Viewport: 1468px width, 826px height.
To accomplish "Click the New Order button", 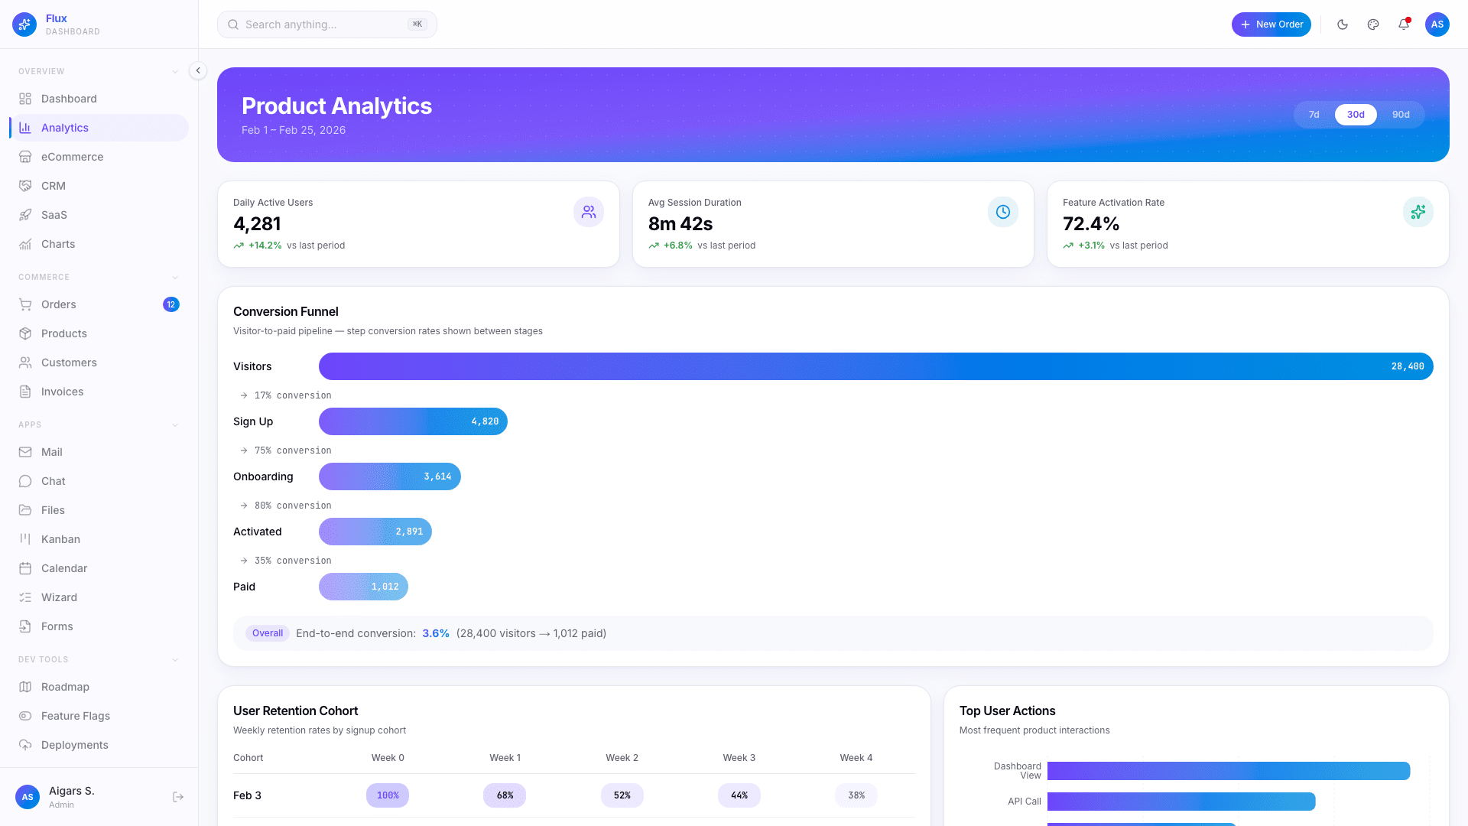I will pos(1271,24).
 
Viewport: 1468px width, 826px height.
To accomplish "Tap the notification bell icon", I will pos(1404,24).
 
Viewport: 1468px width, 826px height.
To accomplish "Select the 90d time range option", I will pos(1401,115).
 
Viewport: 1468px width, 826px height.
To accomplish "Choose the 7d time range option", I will pos(1314,115).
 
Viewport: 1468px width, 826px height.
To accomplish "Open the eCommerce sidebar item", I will pos(72,157).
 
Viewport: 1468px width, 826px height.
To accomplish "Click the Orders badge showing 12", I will pos(171,304).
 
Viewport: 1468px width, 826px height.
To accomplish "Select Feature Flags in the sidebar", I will pos(75,716).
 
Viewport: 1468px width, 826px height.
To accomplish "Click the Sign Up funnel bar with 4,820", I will pos(413,421).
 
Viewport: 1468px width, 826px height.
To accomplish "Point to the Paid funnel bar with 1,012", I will pos(363,587).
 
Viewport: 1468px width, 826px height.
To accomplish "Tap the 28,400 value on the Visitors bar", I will pos(1407,366).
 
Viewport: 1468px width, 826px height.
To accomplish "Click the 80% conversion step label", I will pos(293,506).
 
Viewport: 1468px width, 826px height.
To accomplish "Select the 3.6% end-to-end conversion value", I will pos(436,633).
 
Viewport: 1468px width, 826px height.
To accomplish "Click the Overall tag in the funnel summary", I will pos(268,633).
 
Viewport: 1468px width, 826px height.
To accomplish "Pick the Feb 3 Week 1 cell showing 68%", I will pos(505,795).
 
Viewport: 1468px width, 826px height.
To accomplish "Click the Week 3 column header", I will pos(739,758).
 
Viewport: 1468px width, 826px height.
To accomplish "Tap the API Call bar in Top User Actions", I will pos(1181,802).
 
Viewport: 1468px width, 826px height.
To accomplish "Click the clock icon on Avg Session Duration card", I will pos(1002,212).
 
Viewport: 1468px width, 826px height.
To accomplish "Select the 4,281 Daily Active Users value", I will pos(257,224).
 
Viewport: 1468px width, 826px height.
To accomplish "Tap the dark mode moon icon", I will pos(1343,24).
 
